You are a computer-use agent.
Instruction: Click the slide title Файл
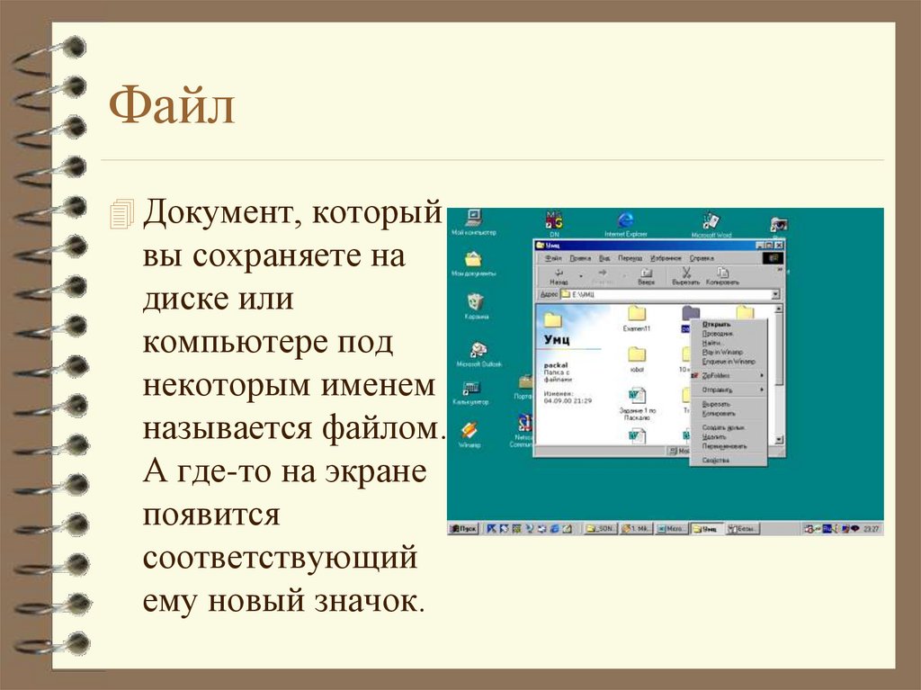tap(172, 107)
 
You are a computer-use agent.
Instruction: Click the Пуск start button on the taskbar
tap(463, 529)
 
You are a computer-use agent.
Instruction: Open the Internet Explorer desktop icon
tap(625, 220)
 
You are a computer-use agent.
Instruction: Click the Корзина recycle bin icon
tap(476, 302)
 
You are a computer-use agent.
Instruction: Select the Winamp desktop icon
tap(469, 432)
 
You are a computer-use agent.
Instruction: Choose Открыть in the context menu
tap(716, 324)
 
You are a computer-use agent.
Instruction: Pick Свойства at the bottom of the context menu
tap(716, 460)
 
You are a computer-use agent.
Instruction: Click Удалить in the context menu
tap(714, 436)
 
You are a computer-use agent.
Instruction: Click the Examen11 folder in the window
tap(637, 314)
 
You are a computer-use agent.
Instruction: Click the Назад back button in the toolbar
tap(559, 275)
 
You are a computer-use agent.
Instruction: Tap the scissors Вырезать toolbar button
tap(685, 275)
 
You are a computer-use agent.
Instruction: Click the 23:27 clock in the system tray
tap(871, 529)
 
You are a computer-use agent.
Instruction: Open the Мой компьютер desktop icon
tap(473, 219)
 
